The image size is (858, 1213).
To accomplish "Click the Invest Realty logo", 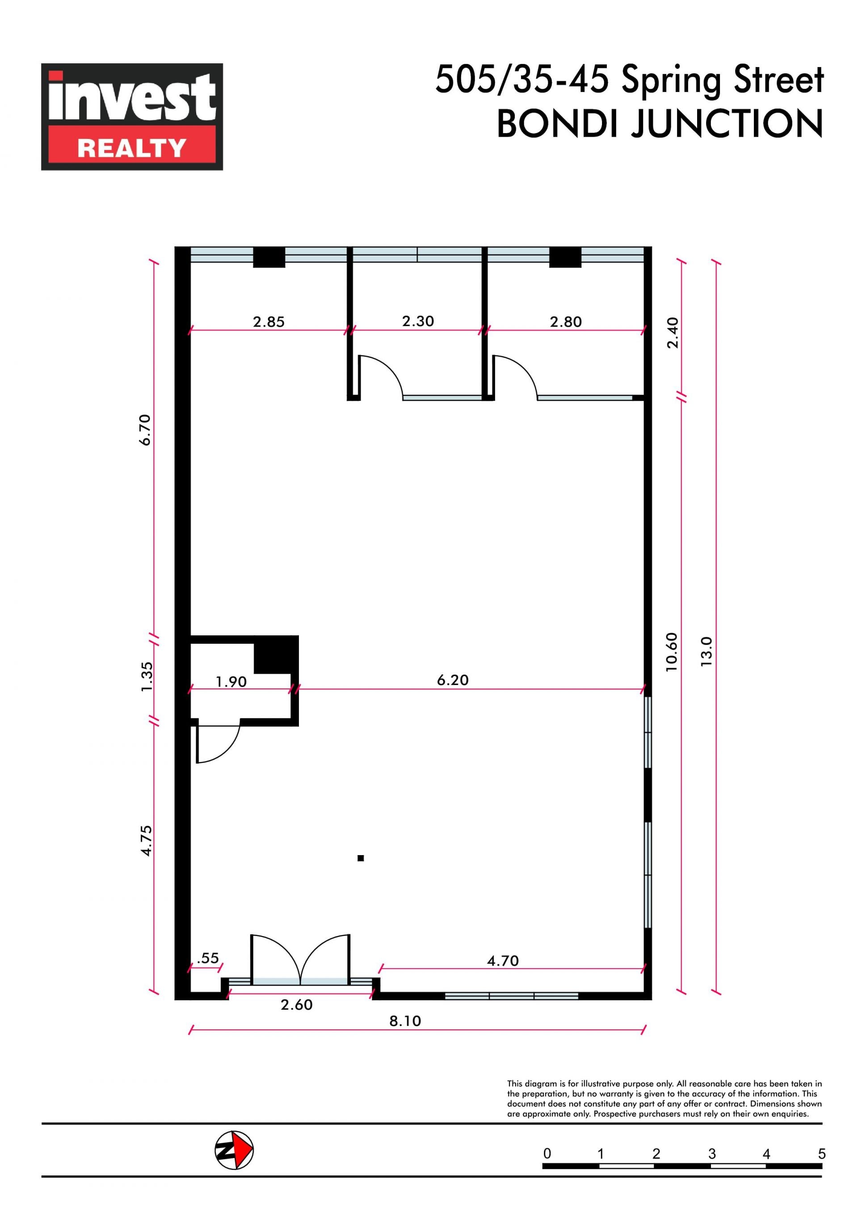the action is coord(132,117).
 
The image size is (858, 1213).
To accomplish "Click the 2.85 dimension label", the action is coord(269,322).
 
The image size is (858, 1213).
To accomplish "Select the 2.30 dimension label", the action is coord(418,321).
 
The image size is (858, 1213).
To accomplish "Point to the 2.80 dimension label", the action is coord(566,322).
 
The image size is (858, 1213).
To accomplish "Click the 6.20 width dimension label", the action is coord(453,680).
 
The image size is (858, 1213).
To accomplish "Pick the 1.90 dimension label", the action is coord(231,682).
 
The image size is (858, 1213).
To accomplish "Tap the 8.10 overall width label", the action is coord(405,1021).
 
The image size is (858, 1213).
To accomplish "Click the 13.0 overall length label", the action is coord(707,651).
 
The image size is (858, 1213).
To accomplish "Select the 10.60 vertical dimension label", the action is coord(672,652).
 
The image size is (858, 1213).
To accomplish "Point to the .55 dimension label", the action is coord(208,958).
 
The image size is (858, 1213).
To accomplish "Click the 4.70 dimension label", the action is coord(503,961).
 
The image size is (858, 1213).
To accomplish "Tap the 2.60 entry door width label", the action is coord(296,1004).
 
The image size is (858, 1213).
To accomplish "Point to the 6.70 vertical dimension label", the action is coord(145,430).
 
